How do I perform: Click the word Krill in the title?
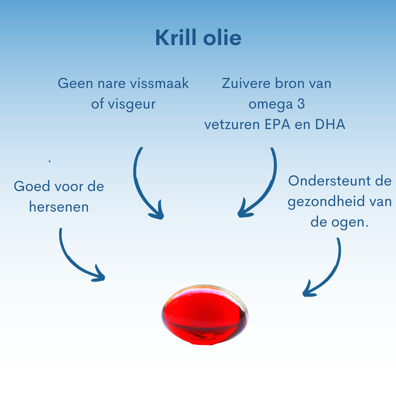[176, 38]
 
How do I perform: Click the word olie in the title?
[222, 38]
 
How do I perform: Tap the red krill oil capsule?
[205, 315]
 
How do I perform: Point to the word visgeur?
[132, 104]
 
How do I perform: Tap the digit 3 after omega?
[301, 104]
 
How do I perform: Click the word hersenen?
[59, 207]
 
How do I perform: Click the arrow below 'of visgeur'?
[140, 190]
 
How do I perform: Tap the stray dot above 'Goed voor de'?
[50, 161]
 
